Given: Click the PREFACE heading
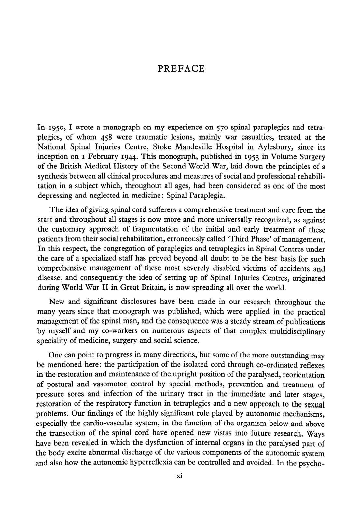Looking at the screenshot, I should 181,69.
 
